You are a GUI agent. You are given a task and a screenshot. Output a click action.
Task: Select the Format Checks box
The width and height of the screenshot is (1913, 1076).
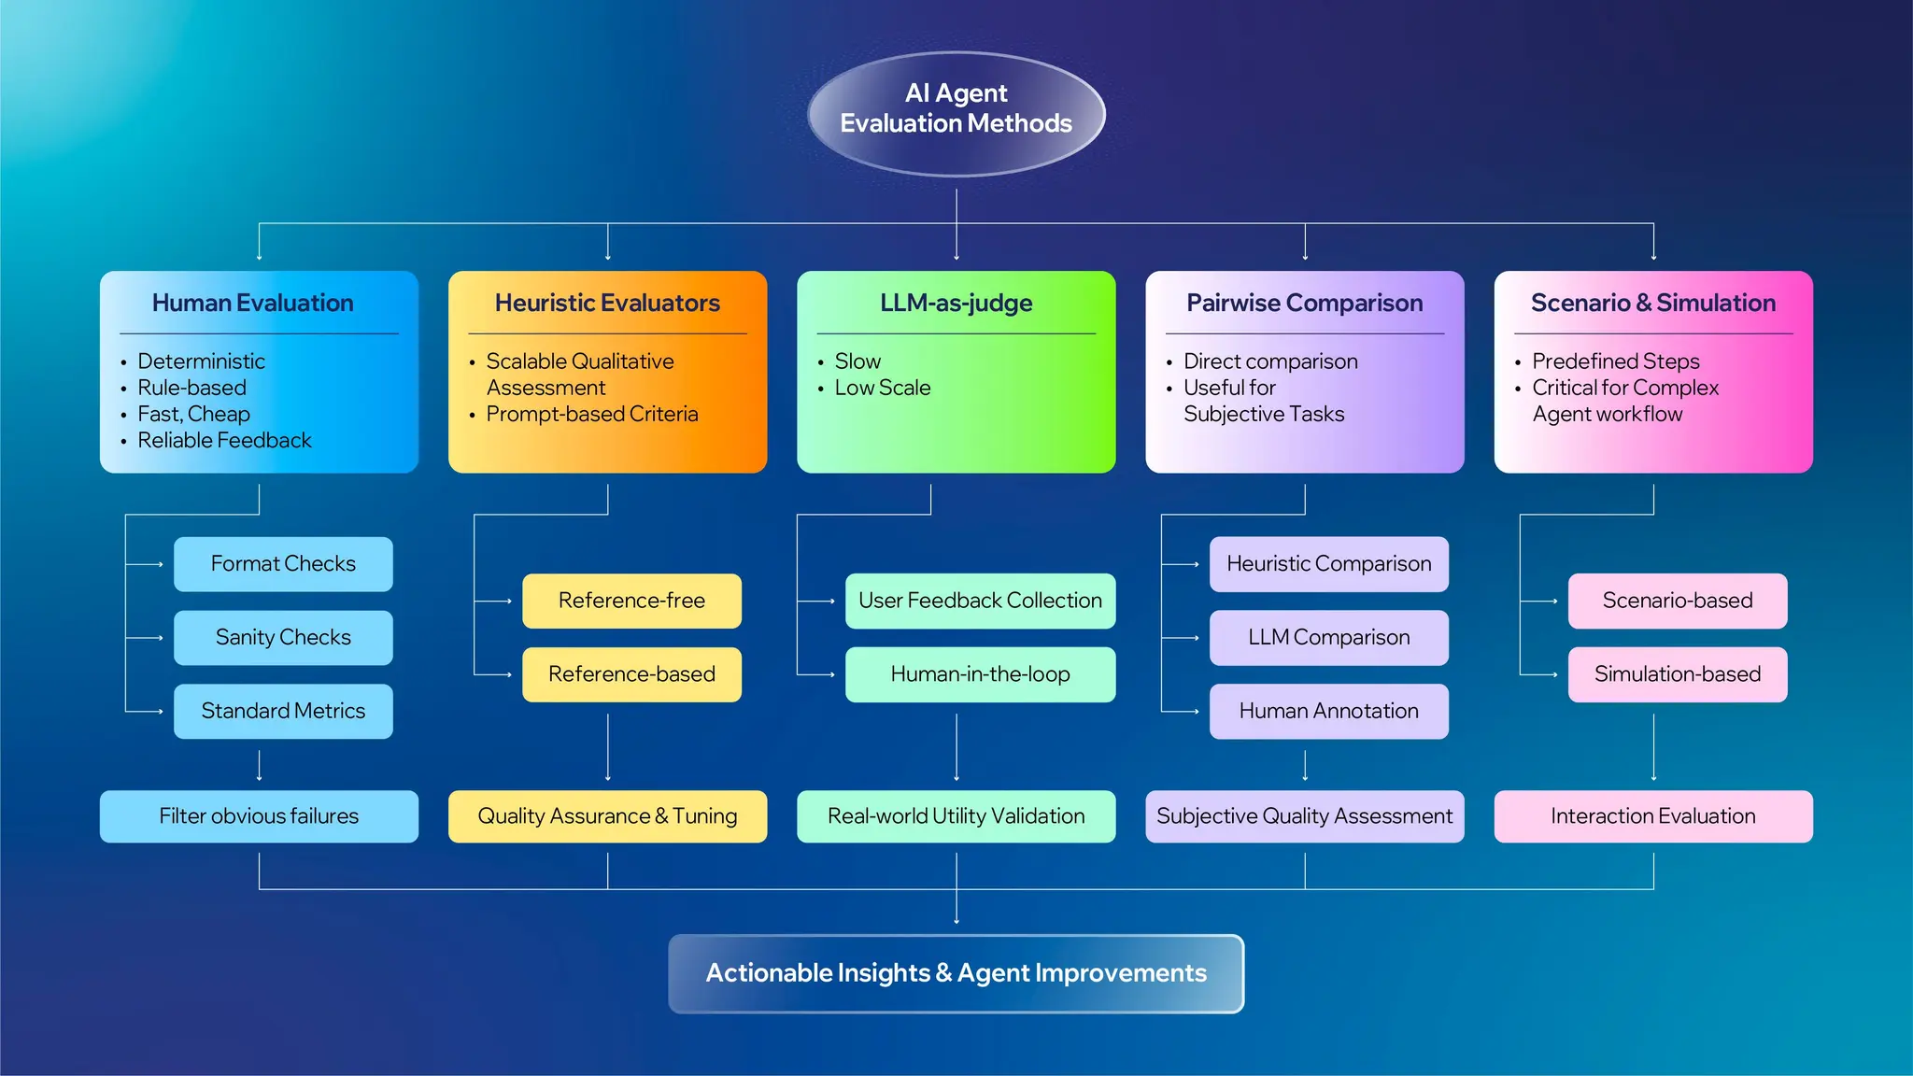point(283,564)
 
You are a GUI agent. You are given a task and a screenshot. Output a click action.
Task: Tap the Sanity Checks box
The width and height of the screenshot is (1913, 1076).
point(283,638)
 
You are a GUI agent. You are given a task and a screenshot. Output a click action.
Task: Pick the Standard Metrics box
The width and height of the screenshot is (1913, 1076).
point(283,712)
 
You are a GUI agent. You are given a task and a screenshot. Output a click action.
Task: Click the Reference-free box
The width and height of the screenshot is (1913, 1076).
point(631,601)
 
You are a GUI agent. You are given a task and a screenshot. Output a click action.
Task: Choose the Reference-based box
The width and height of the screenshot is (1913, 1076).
point(631,674)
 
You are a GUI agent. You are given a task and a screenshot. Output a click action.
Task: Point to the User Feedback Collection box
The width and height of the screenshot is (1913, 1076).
point(980,601)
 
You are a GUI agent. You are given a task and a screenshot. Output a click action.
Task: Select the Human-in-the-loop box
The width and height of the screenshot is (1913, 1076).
point(980,674)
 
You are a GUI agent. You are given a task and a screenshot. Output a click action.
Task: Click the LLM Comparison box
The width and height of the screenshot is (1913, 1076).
point(1328,638)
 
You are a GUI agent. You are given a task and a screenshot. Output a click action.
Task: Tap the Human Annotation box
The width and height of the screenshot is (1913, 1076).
point(1328,712)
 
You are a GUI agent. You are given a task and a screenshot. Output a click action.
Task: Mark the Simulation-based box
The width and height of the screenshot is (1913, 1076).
point(1677,674)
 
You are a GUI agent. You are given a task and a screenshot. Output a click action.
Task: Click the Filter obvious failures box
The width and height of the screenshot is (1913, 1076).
point(259,816)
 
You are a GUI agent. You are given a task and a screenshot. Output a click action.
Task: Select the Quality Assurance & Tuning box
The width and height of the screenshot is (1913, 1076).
point(607,816)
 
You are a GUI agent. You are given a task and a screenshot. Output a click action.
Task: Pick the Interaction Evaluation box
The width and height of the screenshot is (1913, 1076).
point(1652,816)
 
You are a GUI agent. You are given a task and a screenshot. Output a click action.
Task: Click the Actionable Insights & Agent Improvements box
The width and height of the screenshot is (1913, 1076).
point(956,973)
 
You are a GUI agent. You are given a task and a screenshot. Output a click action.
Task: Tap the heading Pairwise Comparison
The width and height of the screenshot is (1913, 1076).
point(1304,304)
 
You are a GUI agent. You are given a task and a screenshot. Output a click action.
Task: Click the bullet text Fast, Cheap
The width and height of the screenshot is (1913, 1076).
point(193,414)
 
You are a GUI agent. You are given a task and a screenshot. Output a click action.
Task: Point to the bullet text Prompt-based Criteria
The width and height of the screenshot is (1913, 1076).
point(591,414)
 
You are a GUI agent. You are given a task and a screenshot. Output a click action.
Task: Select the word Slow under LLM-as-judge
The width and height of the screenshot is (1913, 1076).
point(857,361)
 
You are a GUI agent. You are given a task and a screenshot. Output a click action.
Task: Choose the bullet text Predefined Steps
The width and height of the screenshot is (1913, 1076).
point(1615,361)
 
